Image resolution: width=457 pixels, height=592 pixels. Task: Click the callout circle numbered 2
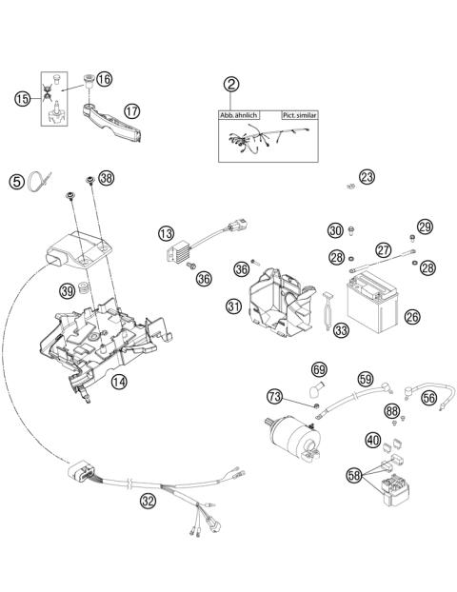(x=231, y=84)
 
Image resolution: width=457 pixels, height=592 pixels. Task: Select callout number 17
(x=131, y=111)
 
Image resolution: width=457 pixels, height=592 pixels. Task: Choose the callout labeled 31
(x=234, y=306)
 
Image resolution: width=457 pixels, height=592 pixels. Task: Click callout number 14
(x=146, y=383)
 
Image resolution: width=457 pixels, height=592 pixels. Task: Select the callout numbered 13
(x=167, y=232)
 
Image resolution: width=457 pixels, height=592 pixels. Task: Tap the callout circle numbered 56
(x=428, y=400)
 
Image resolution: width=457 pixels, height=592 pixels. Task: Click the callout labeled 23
(x=367, y=176)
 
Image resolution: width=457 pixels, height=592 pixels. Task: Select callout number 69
(x=319, y=369)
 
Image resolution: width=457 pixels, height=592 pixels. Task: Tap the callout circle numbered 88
(x=392, y=411)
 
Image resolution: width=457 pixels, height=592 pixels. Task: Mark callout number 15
(x=23, y=98)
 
